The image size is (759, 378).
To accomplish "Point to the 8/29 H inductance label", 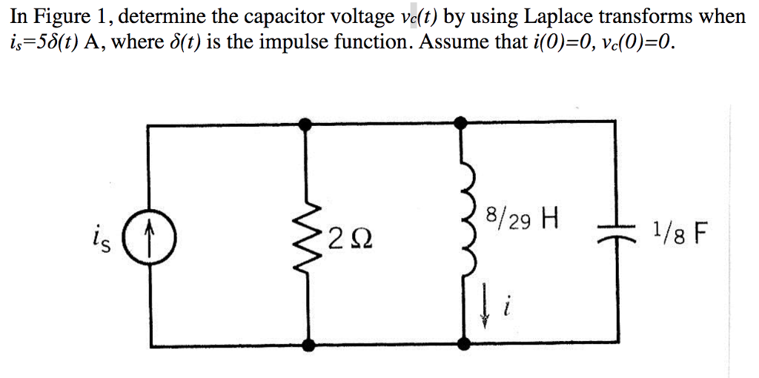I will (520, 219).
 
